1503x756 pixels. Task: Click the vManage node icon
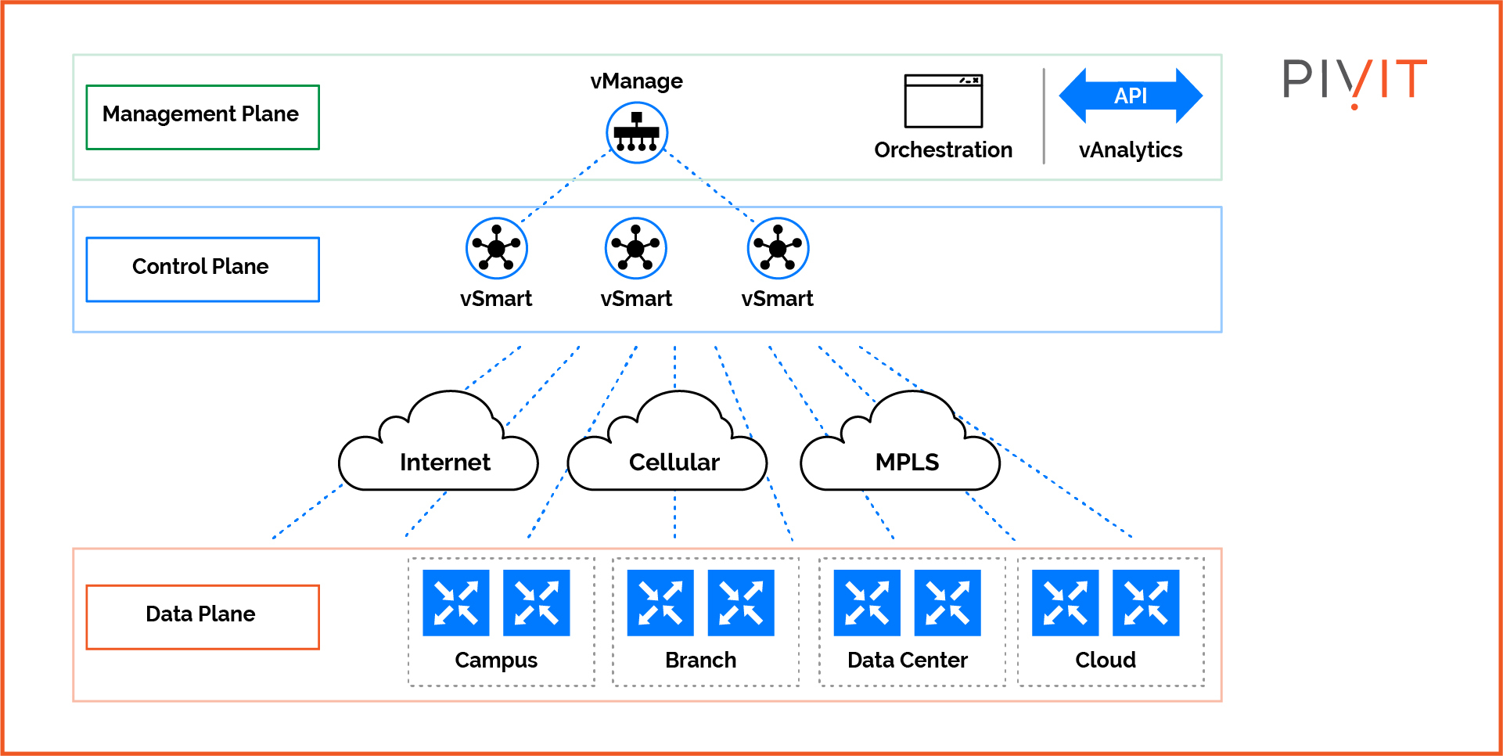coord(637,132)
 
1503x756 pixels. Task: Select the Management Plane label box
coord(203,117)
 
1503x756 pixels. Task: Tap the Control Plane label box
coord(203,269)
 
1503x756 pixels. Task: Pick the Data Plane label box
coord(203,617)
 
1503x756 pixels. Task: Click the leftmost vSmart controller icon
coord(496,248)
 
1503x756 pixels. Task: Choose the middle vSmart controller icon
coord(635,248)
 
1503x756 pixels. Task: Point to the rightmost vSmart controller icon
coord(777,248)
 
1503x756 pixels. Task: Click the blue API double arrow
coord(1130,95)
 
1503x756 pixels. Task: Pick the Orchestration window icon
coord(943,101)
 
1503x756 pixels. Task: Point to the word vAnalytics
coord(1130,149)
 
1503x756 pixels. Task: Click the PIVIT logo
coord(1354,81)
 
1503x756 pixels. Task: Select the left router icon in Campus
coord(455,603)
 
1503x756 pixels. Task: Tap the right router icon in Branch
coord(740,603)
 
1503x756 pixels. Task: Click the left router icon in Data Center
coord(867,603)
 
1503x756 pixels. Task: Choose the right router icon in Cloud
coord(1145,603)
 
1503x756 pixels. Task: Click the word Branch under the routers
coord(700,660)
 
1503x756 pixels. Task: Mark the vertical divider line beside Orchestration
coord(1044,116)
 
